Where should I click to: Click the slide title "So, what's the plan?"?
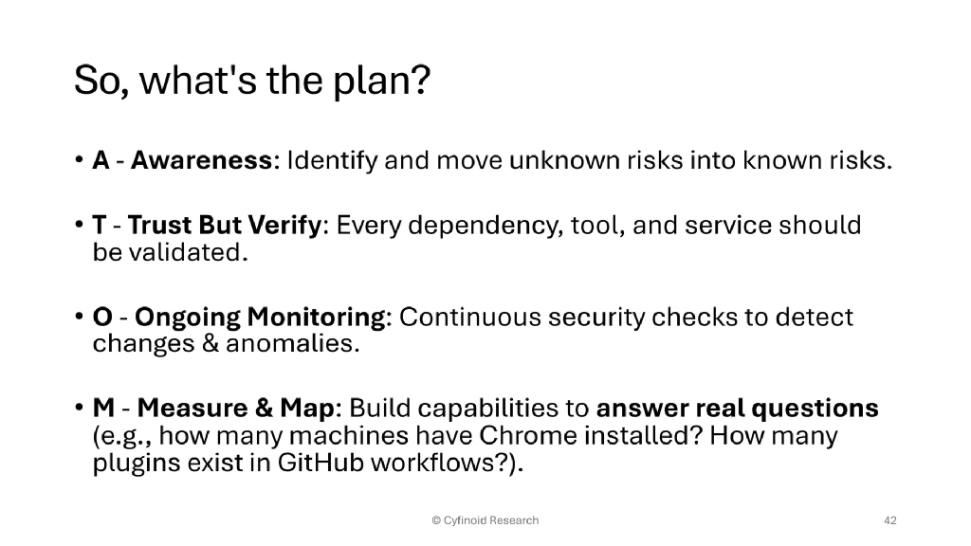[x=252, y=82]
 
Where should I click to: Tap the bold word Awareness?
[x=201, y=160]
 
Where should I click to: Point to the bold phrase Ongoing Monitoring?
[x=239, y=318]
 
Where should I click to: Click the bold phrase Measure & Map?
[x=236, y=409]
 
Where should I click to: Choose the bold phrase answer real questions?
[x=737, y=409]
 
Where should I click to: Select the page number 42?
[x=889, y=520]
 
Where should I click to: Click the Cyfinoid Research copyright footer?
[x=485, y=520]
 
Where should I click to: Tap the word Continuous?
[x=470, y=318]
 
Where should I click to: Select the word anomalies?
[x=292, y=344]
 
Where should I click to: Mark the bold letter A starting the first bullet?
[x=101, y=160]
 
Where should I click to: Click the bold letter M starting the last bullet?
[x=103, y=409]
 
